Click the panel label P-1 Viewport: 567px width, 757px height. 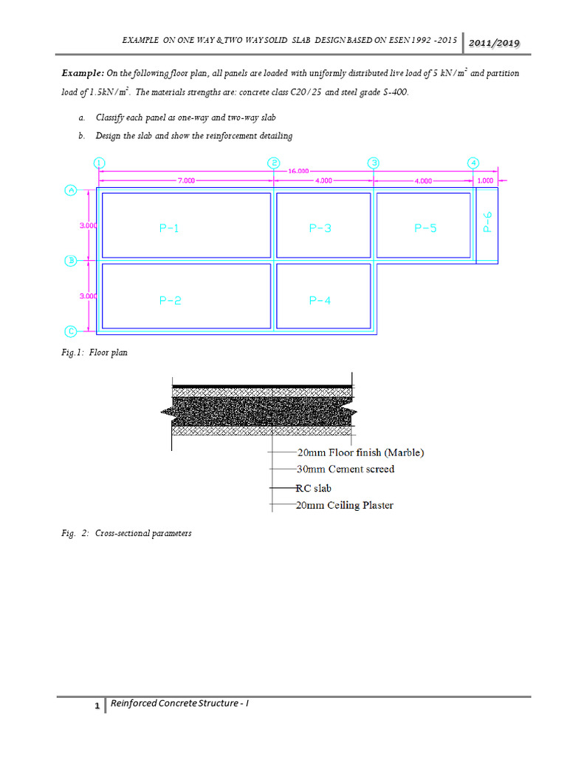pyautogui.click(x=169, y=228)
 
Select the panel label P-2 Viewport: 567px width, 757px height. pyautogui.click(x=170, y=301)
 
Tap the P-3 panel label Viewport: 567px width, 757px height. pyautogui.click(x=320, y=228)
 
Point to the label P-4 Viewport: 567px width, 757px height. pyautogui.click(x=320, y=301)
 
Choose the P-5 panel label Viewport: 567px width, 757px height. pyautogui.click(x=425, y=228)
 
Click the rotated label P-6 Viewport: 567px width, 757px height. pyautogui.click(x=487, y=223)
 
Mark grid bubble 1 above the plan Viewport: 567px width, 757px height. pyautogui.click(x=100, y=163)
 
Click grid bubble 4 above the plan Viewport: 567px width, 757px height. pyautogui.click(x=473, y=163)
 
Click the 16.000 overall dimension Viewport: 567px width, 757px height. pyautogui.click(x=298, y=170)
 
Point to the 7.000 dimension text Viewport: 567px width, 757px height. pyautogui.click(x=185, y=180)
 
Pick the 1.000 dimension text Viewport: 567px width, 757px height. pyautogui.click(x=486, y=180)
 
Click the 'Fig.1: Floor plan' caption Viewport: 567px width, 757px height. pyautogui.click(x=94, y=353)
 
